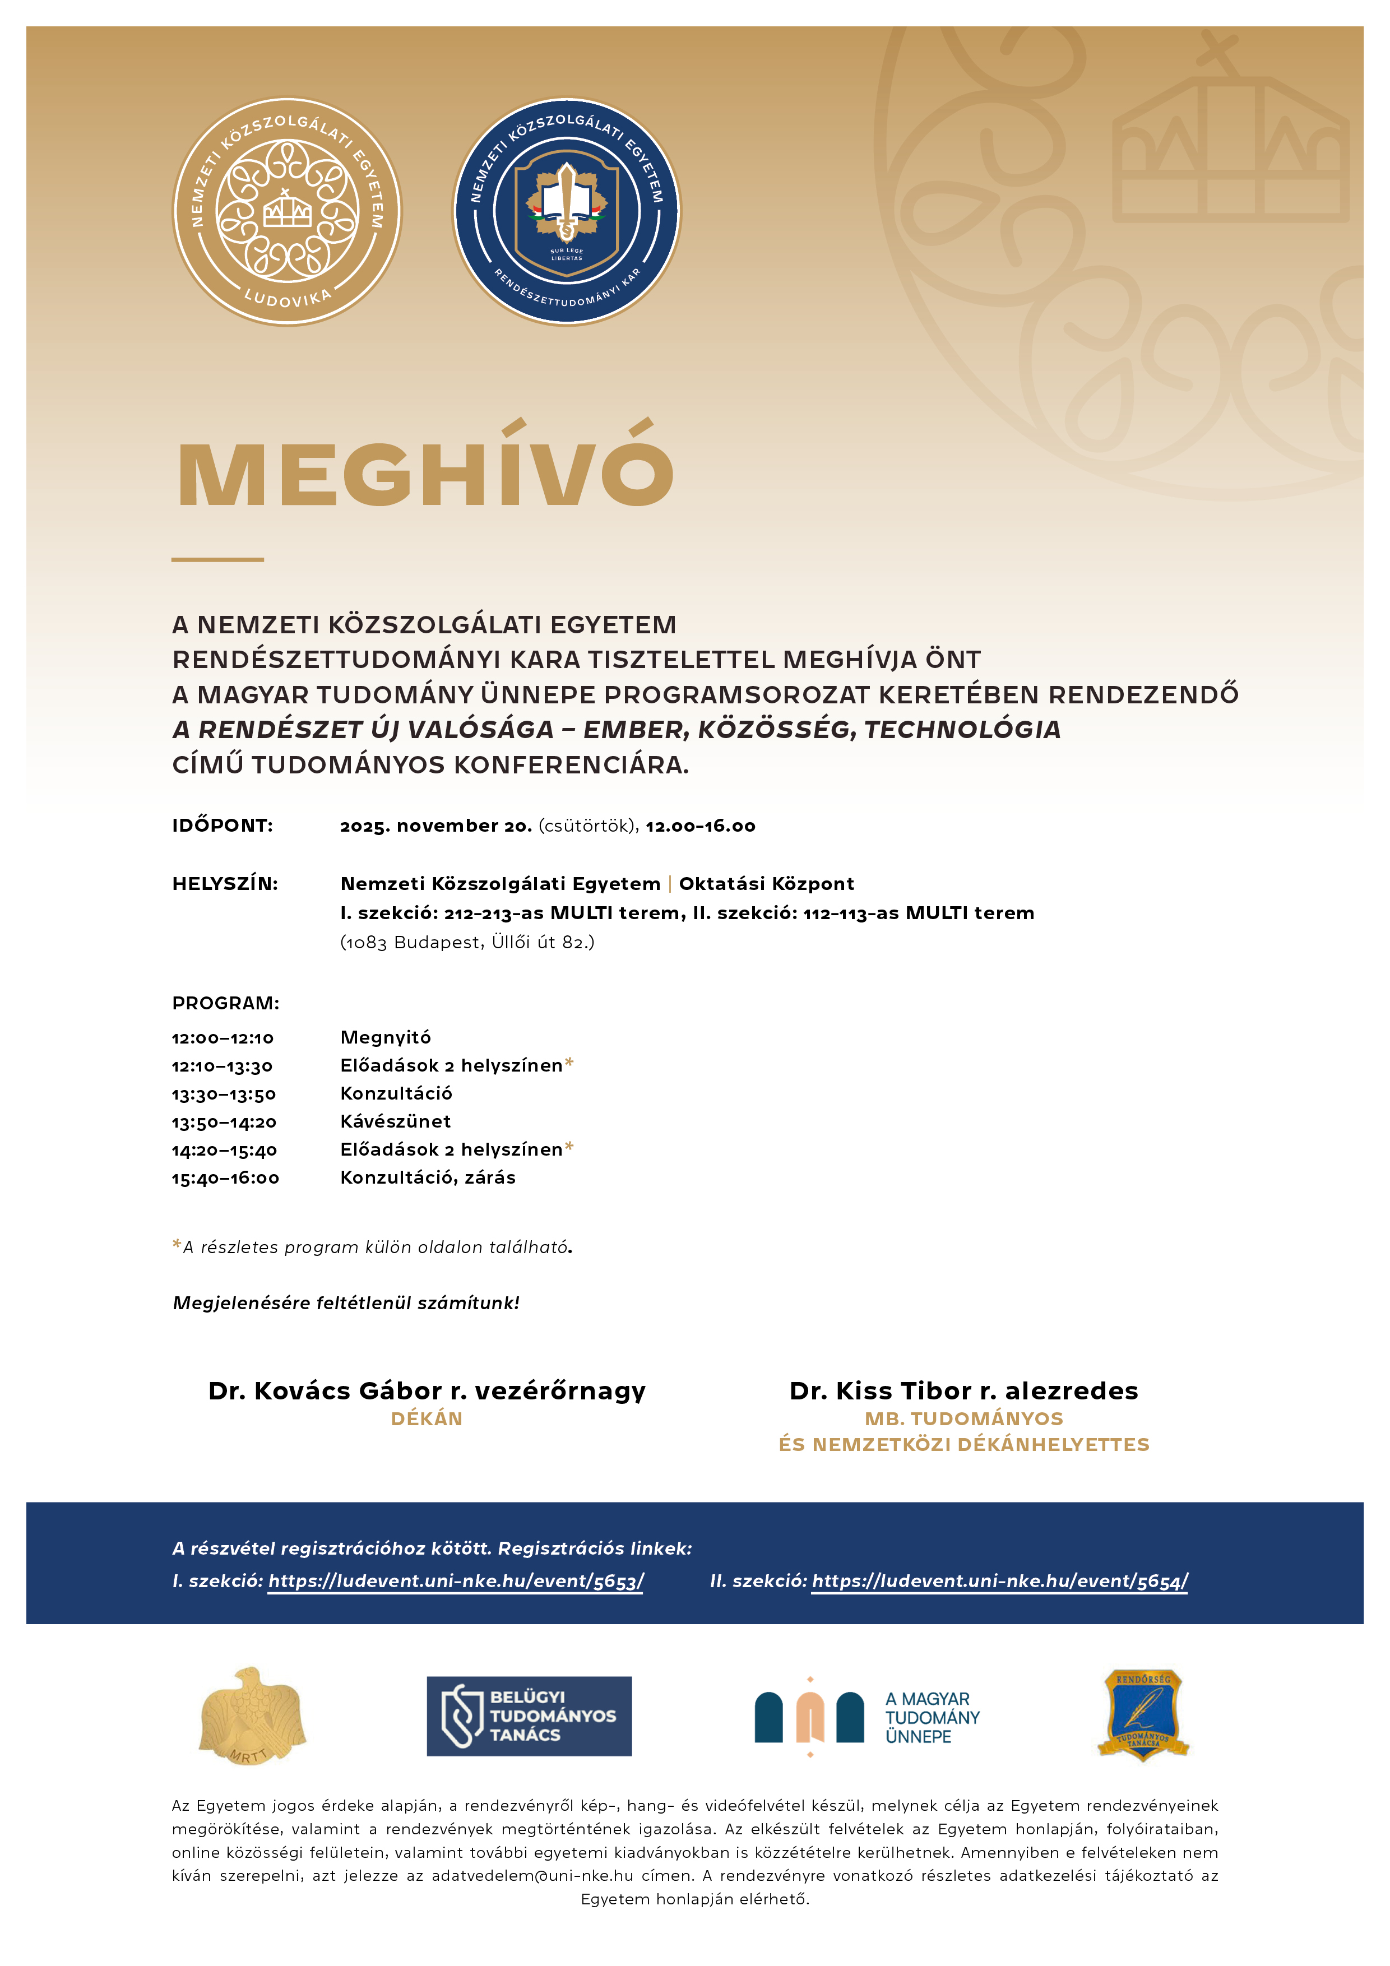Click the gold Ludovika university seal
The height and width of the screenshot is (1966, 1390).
287,211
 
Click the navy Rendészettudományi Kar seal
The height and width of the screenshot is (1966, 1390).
566,211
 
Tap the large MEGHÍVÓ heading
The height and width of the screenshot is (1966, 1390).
425,469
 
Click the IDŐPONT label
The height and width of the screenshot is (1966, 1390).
223,826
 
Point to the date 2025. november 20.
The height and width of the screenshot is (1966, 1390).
436,826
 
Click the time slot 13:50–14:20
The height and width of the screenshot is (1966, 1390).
224,1123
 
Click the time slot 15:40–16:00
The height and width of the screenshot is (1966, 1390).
225,1178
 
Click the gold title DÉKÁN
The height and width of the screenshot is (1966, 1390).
427,1419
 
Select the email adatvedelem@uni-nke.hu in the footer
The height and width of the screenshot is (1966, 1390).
532,1875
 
